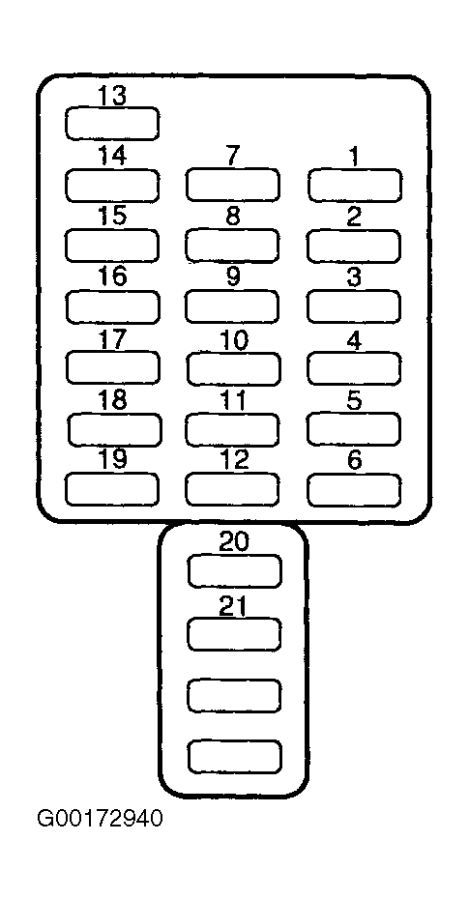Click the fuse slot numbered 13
tap(112, 124)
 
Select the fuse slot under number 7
tap(233, 185)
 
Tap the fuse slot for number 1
tap(354, 186)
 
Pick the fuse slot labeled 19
tap(112, 490)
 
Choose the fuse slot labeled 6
tap(354, 490)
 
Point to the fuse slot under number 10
tap(233, 368)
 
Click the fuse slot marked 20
tap(235, 571)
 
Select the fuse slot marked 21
tap(234, 634)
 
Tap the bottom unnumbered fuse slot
tap(234, 756)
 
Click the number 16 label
tap(112, 276)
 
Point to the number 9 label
tap(233, 276)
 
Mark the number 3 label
tap(354, 276)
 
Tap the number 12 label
tap(234, 459)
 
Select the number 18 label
tap(112, 399)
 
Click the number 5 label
tap(354, 400)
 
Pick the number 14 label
tap(112, 156)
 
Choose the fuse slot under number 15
tap(112, 246)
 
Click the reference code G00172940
tap(100, 818)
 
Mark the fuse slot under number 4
tap(354, 368)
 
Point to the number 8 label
tap(233, 217)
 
